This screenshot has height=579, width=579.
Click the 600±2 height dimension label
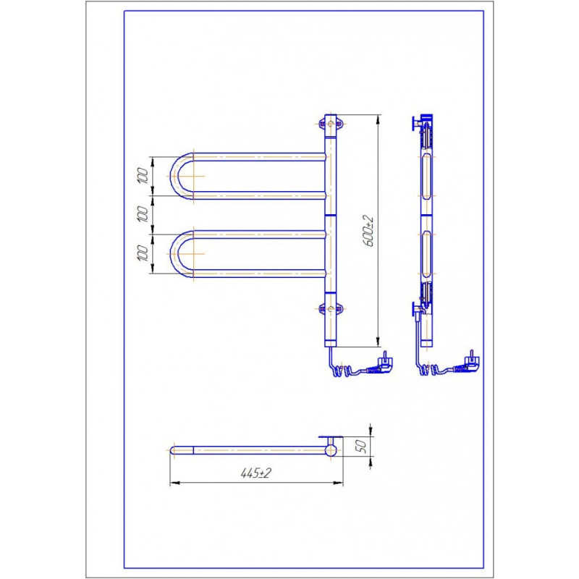[368, 232]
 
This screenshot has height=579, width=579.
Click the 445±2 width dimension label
[255, 473]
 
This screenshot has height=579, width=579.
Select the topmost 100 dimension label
[143, 176]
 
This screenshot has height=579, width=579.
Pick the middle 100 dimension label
[143, 214]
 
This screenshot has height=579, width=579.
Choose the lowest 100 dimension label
[143, 253]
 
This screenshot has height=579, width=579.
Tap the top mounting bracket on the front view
[331, 124]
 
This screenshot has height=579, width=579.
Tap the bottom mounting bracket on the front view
[331, 309]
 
